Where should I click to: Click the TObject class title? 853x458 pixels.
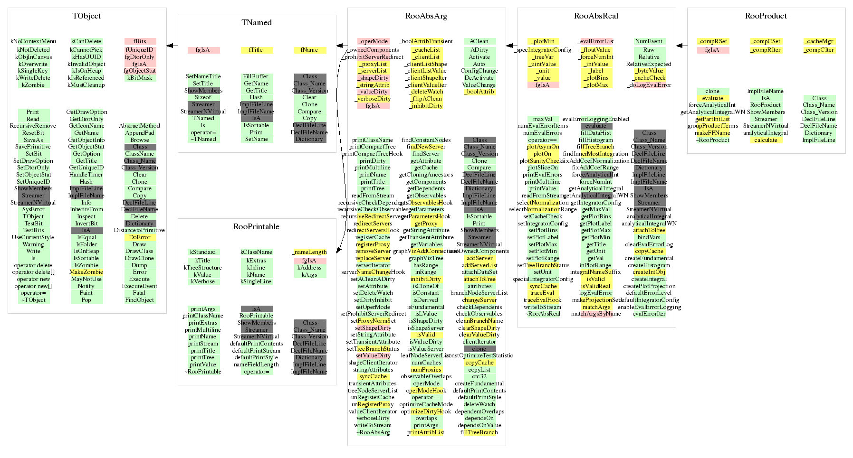tap(86, 16)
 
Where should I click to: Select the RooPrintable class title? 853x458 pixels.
tap(256, 227)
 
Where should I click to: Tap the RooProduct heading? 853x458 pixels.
tap(766, 16)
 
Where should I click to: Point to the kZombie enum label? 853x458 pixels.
tap(33, 85)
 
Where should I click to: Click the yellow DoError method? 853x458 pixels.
tap(140, 237)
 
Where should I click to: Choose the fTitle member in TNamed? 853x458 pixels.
tap(256, 50)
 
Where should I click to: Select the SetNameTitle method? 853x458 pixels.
tap(203, 76)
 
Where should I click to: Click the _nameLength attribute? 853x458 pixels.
tap(310, 252)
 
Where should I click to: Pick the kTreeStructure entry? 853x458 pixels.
tap(203, 268)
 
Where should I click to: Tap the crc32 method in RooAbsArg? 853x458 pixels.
tap(479, 376)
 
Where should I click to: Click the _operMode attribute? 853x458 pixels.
tap(373, 41)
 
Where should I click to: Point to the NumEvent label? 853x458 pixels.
tap(649, 41)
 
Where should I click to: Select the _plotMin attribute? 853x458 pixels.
tap(543, 41)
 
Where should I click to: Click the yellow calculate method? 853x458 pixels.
tap(766, 140)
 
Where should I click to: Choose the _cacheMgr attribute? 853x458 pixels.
tap(819, 41)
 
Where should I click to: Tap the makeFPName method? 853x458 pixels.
tap(712, 133)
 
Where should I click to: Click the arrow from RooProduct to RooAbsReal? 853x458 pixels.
tap(681, 46)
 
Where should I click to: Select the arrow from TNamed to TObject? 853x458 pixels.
tap(172, 46)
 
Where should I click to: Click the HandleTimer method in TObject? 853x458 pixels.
tap(86, 175)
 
